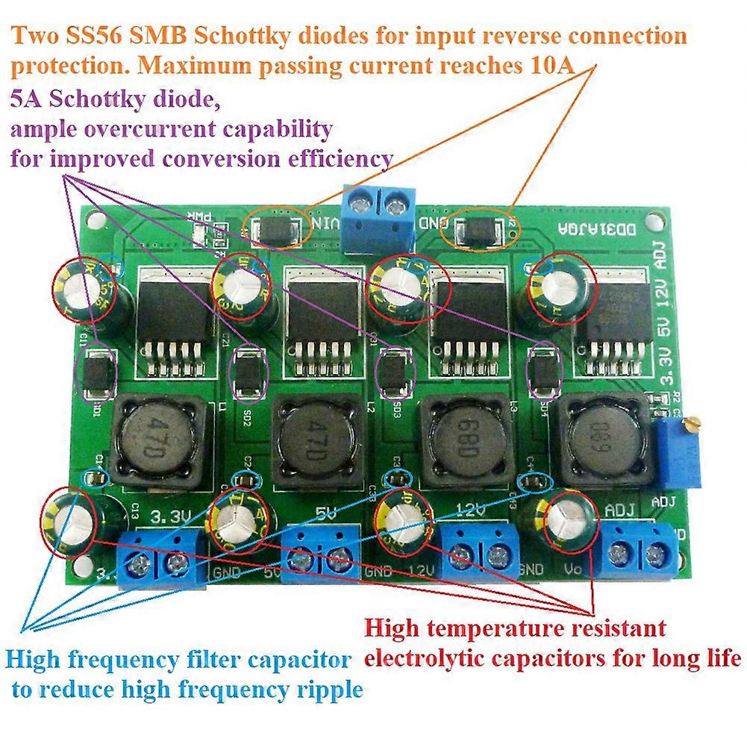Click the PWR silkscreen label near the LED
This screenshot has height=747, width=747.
[x=200, y=218]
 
